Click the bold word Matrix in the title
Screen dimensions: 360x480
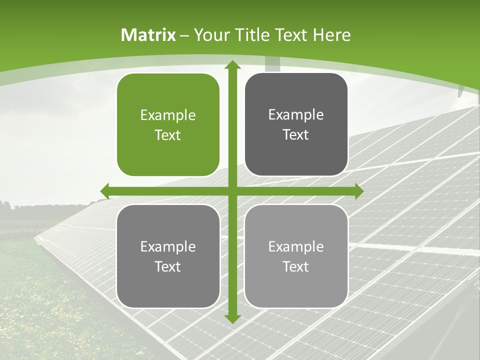[x=148, y=35]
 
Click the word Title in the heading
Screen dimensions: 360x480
[x=253, y=35]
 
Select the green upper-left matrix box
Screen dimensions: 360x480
[x=168, y=125]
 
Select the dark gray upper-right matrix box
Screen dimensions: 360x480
[x=296, y=124]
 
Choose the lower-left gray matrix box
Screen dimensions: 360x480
[x=168, y=256]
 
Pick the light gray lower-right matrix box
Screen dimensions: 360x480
[x=296, y=256]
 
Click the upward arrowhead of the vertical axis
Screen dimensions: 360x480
[x=232, y=65]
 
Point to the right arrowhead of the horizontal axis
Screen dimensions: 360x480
[x=358, y=191]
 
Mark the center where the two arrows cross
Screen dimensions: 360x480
[x=232, y=191]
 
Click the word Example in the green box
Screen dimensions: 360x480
[x=168, y=115]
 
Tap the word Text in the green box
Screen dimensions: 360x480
[x=168, y=135]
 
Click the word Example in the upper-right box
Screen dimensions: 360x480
[x=296, y=115]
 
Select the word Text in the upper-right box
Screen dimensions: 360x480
[x=296, y=134]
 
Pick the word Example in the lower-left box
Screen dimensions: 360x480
[x=168, y=246]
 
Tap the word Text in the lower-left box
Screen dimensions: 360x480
[x=168, y=266]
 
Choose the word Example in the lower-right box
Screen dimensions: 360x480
[x=296, y=246]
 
